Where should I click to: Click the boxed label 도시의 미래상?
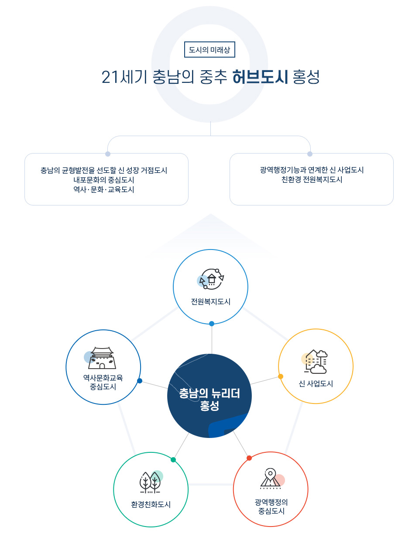pyautogui.click(x=209, y=49)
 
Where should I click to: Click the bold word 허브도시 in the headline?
pyautogui.click(x=260, y=77)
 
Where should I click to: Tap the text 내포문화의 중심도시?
pyautogui.click(x=104, y=180)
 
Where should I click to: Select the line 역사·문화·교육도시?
pyautogui.click(x=104, y=189)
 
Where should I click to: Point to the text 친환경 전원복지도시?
pyautogui.click(x=312, y=179)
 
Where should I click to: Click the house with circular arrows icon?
pyautogui.click(x=210, y=279)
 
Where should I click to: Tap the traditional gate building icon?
pyautogui.click(x=100, y=358)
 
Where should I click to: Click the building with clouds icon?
pyautogui.click(x=315, y=362)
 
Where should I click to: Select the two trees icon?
pyautogui.click(x=151, y=482)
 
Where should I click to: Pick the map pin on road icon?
pyautogui.click(x=272, y=479)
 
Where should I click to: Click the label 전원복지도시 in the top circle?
pyautogui.click(x=210, y=301)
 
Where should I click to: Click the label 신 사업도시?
pyautogui.click(x=316, y=383)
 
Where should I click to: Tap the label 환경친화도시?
pyautogui.click(x=151, y=504)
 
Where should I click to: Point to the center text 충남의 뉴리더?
pyautogui.click(x=209, y=393)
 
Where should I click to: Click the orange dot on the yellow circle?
pyautogui.click(x=281, y=376)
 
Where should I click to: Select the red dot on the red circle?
pyautogui.click(x=249, y=458)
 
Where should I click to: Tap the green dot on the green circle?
pyautogui.click(x=173, y=460)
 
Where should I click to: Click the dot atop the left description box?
pyautogui.click(x=108, y=154)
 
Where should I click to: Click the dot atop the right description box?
pyautogui.click(x=310, y=154)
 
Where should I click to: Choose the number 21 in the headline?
pyautogui.click(x=110, y=77)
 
